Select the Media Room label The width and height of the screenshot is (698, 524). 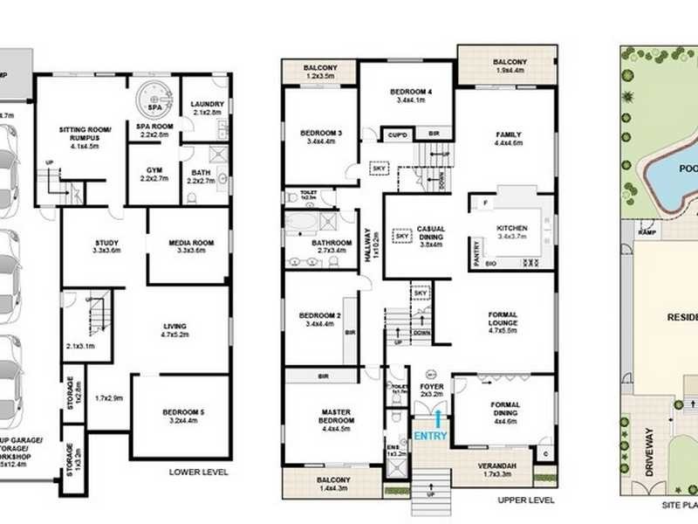188,247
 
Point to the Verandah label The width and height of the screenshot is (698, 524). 499,470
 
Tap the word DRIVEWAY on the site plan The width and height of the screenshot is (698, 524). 648,453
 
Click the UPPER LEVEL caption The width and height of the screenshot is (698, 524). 526,500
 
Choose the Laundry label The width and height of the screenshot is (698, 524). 207,108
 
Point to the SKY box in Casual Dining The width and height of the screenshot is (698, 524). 402,235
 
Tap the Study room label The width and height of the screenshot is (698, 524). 103,247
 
